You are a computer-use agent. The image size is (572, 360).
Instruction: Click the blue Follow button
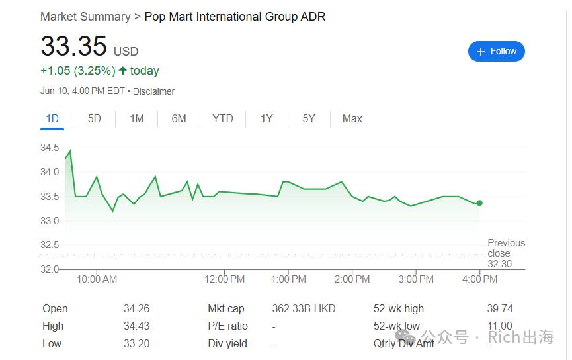[496, 51]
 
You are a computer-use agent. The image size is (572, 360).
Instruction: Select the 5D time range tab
[94, 118]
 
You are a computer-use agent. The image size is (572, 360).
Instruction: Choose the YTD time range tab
[223, 118]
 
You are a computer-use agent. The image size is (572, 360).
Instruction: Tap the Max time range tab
[352, 118]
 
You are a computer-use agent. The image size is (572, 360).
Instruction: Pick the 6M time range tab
[179, 118]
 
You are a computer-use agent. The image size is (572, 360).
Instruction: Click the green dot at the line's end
[479, 203]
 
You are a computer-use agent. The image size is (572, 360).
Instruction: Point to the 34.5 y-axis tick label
[50, 148]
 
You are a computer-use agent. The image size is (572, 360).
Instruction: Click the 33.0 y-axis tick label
[50, 221]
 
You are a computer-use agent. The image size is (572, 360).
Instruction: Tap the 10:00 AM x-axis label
[97, 279]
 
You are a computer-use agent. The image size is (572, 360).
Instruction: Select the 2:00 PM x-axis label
[352, 279]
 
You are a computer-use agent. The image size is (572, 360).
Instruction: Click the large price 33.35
[73, 46]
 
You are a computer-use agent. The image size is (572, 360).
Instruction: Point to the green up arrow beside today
[122, 70]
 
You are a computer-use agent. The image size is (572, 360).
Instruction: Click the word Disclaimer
[153, 91]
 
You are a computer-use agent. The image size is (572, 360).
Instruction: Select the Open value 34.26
[136, 308]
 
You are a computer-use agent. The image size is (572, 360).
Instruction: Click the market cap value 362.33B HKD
[304, 308]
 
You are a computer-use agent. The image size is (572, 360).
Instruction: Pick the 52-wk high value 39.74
[500, 308]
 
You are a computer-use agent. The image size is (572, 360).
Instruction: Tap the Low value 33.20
[136, 343]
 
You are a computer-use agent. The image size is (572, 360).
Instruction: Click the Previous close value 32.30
[500, 264]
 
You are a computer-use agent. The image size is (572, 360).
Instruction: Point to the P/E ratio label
[227, 326]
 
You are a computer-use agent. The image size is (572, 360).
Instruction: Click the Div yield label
[227, 343]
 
